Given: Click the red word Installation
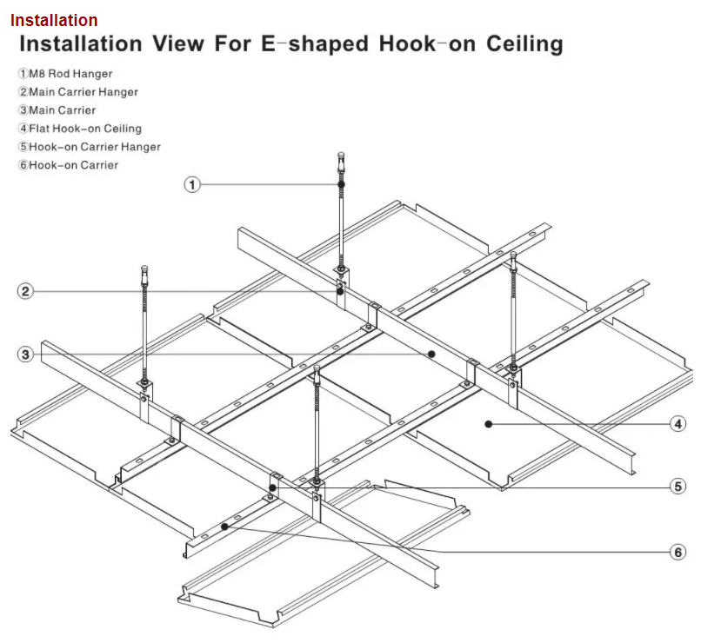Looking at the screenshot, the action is (x=54, y=20).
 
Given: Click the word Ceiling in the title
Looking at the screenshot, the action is (x=524, y=44).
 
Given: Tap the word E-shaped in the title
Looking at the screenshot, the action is (x=315, y=44).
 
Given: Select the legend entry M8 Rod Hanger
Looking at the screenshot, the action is (x=65, y=74).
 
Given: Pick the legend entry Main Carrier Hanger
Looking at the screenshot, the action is (x=77, y=92).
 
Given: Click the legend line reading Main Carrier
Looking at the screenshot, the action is (x=57, y=110).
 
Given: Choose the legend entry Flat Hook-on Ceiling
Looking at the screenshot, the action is (x=79, y=129).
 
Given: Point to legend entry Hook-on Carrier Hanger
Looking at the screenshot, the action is (x=90, y=147).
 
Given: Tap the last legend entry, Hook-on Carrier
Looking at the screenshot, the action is (x=68, y=165).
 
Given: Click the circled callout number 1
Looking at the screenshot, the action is (x=192, y=184).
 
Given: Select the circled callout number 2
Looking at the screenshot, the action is (x=25, y=291).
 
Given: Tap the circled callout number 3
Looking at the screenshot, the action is (x=25, y=355).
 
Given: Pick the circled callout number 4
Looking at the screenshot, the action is (x=678, y=424).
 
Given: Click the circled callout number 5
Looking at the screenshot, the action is (x=678, y=487).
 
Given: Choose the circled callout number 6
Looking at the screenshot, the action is (x=678, y=552).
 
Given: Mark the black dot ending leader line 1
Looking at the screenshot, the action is (x=341, y=184).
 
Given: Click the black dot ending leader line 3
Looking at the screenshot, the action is (x=431, y=355).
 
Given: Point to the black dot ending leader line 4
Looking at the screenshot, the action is (x=488, y=424).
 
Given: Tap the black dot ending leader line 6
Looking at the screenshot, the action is (x=224, y=527).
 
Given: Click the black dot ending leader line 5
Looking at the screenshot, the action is (x=273, y=487).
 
